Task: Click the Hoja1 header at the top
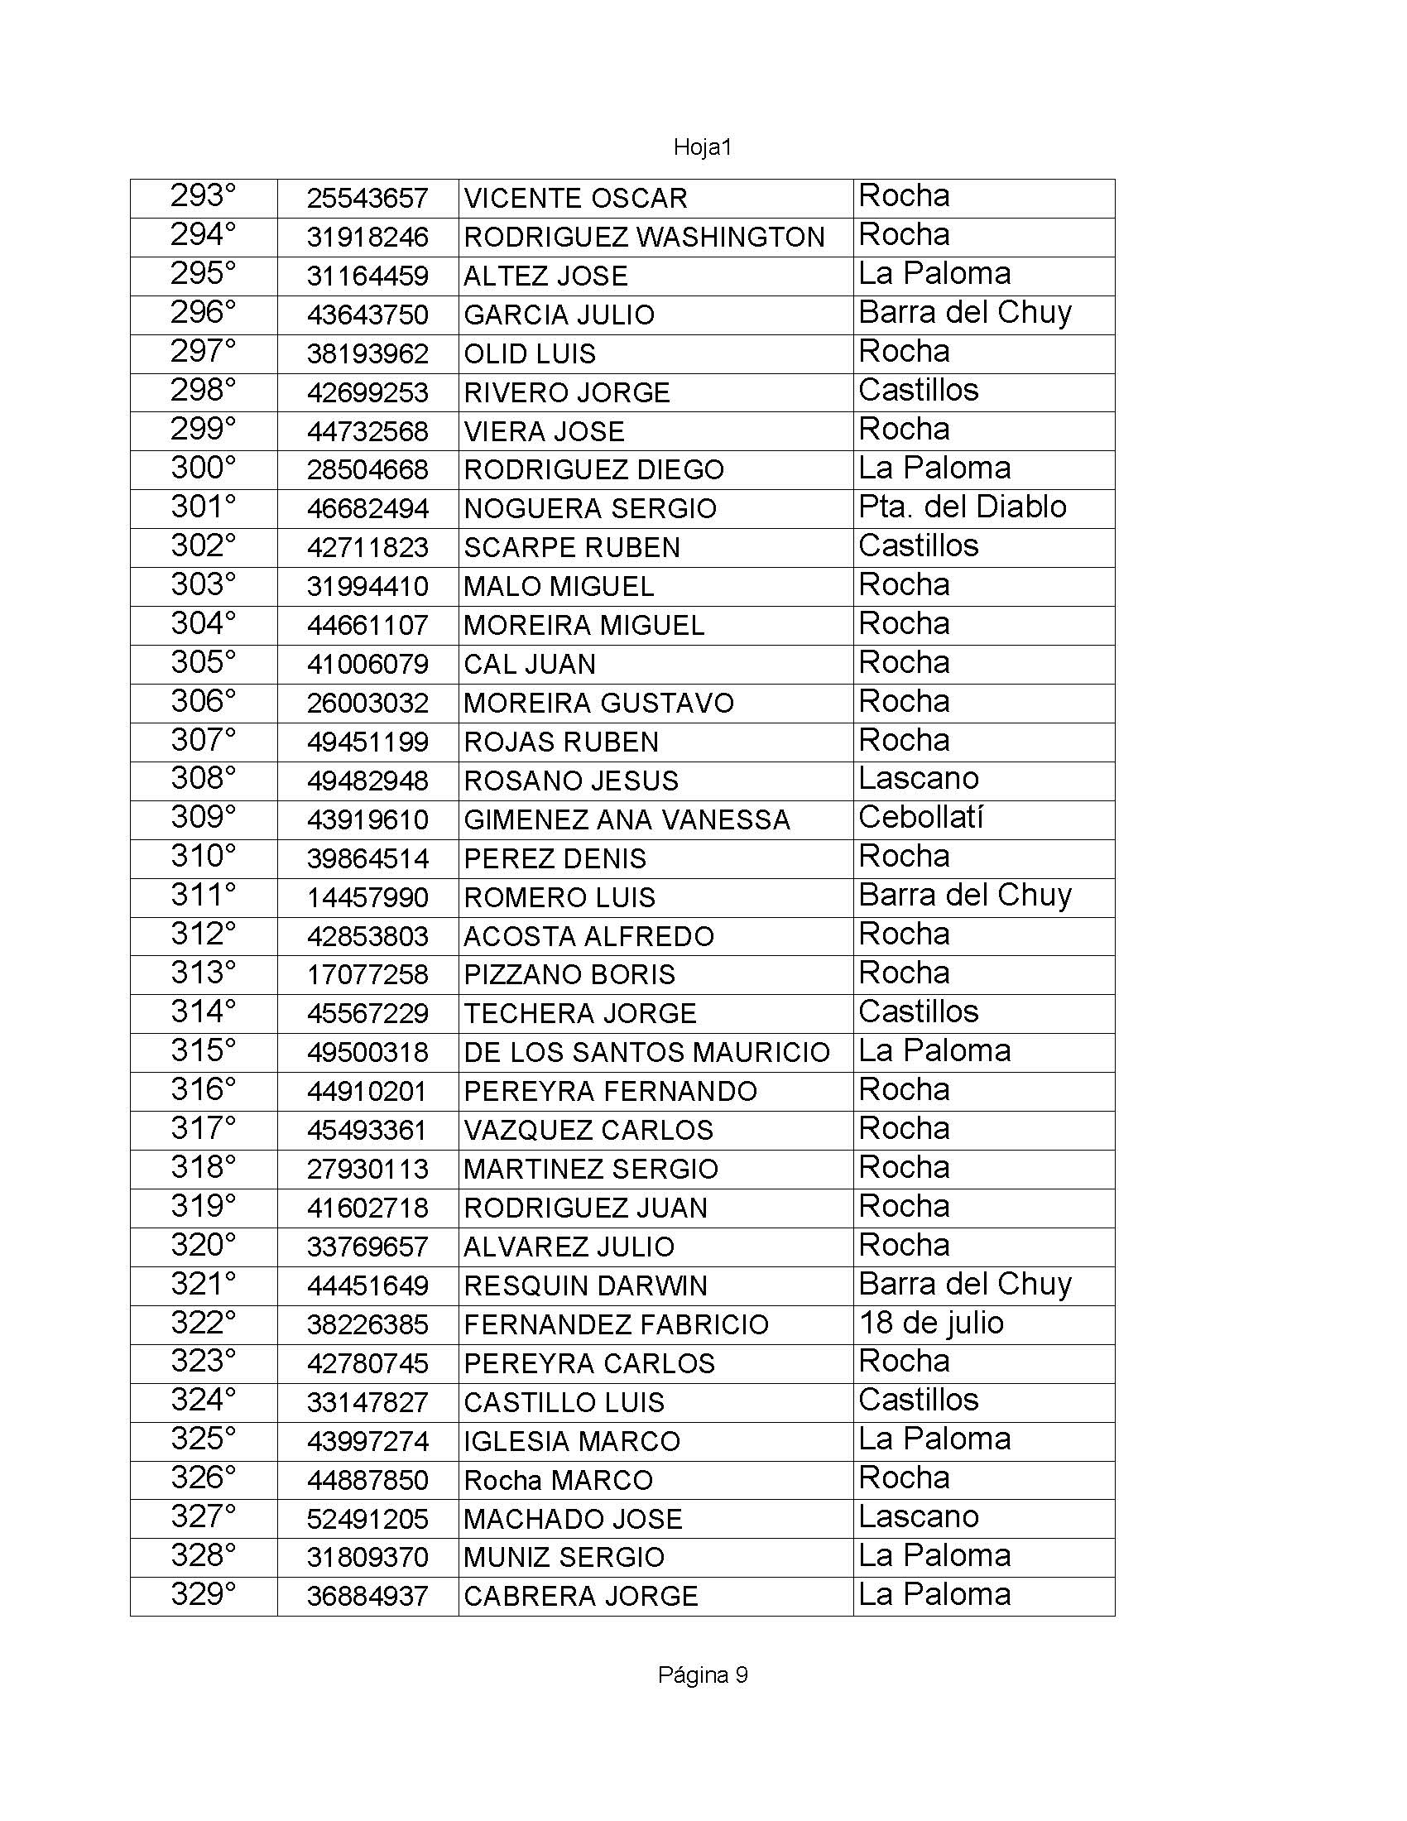(x=702, y=147)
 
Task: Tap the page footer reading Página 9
(x=702, y=1675)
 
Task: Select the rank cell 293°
(x=204, y=196)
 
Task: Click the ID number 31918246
(x=367, y=238)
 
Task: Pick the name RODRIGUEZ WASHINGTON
(x=643, y=238)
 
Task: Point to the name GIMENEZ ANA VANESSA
(x=627, y=819)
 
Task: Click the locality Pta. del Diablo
(x=962, y=507)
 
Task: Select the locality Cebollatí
(x=920, y=817)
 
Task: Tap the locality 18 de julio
(x=931, y=1323)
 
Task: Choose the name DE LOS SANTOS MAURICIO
(x=647, y=1052)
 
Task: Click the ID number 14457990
(x=367, y=897)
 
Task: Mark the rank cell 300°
(x=204, y=468)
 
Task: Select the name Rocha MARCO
(x=558, y=1480)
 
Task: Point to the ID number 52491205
(x=367, y=1519)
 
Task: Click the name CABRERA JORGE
(x=580, y=1596)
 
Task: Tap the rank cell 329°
(x=204, y=1594)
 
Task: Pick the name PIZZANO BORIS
(x=569, y=975)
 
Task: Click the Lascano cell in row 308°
(x=918, y=779)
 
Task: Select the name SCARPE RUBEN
(x=572, y=548)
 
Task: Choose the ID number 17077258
(x=367, y=975)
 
